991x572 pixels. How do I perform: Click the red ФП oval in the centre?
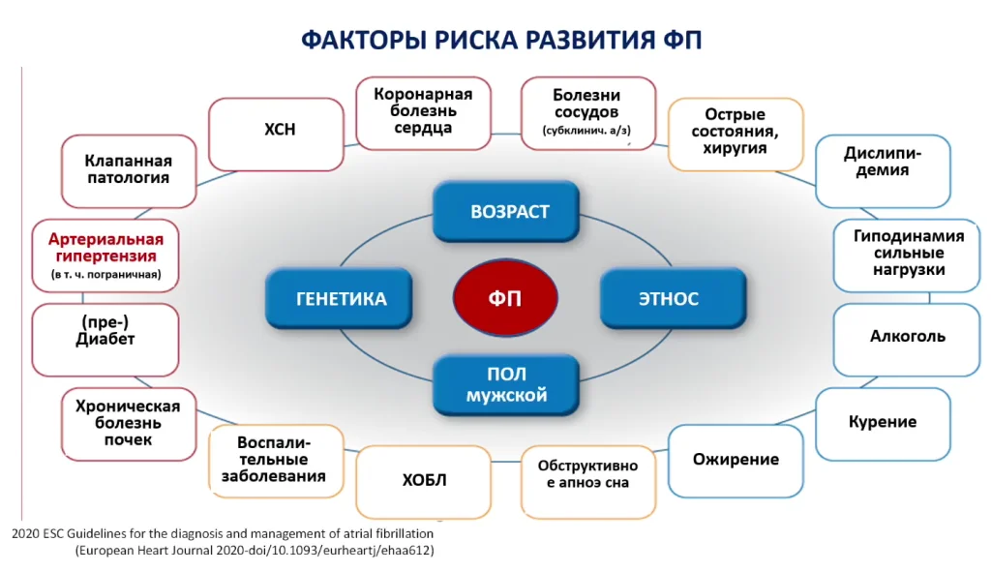point(505,297)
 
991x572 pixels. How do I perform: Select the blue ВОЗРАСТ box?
point(505,211)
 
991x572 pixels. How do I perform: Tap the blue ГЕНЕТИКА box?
point(339,298)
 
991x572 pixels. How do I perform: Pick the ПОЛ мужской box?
point(505,384)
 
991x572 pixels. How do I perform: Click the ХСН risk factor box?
point(276,134)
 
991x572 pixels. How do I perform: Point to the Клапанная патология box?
point(129,170)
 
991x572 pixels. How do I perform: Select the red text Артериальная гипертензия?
point(106,248)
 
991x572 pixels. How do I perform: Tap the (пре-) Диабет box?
point(105,340)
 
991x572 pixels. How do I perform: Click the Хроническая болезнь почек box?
point(129,424)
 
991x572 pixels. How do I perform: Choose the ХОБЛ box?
point(424,482)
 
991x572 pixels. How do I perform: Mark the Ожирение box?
point(736,461)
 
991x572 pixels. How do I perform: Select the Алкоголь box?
point(907,340)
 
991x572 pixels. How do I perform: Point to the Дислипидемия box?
point(883,170)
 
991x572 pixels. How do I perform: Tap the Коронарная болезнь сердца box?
point(424,113)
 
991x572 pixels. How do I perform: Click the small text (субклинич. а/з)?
point(586,131)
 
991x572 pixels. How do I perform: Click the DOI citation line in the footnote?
point(255,551)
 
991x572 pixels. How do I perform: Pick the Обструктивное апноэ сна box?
point(588,482)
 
